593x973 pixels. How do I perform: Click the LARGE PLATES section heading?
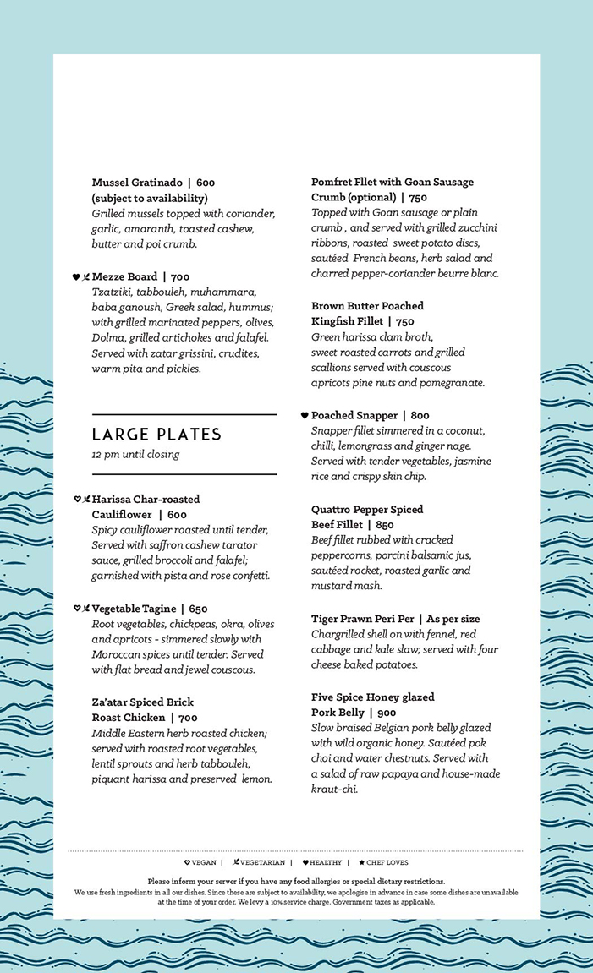156,435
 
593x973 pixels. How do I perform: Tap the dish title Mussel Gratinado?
137,183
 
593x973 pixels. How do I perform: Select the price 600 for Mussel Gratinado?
206,183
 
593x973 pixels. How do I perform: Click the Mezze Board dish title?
125,277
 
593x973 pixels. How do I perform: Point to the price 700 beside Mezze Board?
181,277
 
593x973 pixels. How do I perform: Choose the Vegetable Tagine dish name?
135,609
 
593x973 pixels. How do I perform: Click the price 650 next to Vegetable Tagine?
198,609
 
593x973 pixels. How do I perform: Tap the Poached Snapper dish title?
354,416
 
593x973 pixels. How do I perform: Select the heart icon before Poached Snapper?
305,415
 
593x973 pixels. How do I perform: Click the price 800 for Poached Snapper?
420,416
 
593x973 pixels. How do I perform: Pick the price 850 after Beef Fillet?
385,525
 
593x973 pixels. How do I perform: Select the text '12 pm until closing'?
135,455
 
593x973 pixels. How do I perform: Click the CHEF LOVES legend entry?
387,863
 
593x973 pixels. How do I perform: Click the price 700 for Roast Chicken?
188,718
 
